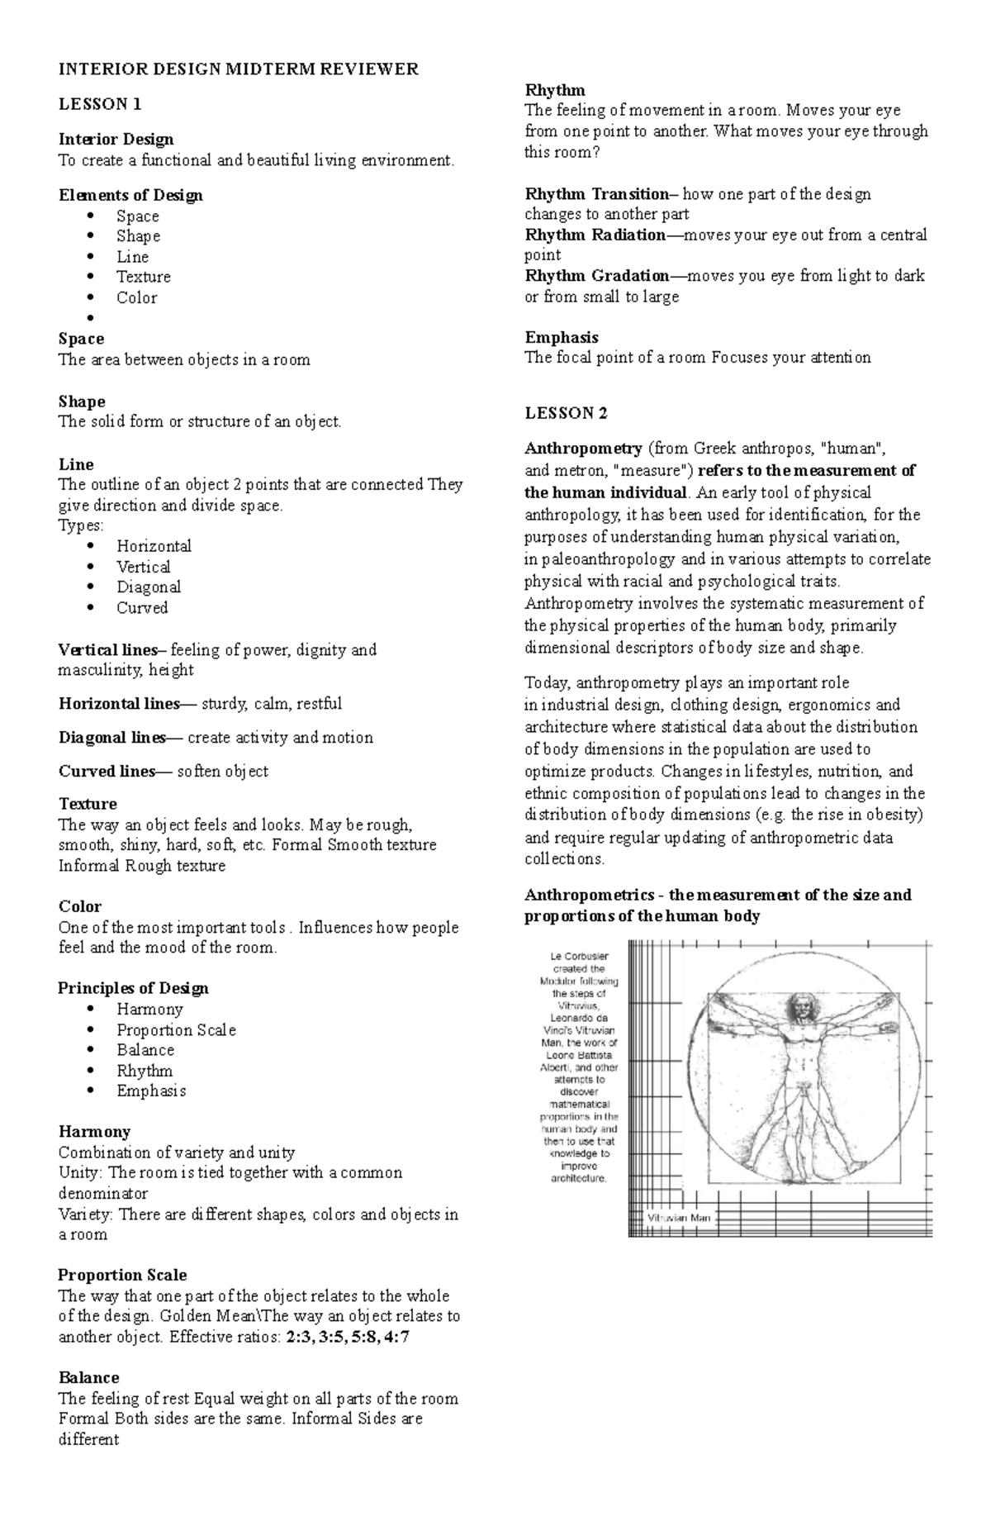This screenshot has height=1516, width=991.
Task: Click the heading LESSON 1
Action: tap(100, 104)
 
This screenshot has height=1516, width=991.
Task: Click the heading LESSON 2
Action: tap(567, 413)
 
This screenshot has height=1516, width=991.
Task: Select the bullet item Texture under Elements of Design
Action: tap(144, 277)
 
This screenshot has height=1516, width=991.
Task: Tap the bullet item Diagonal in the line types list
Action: tap(149, 587)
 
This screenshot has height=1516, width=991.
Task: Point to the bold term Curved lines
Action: tap(106, 772)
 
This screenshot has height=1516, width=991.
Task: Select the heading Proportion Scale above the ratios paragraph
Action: tap(122, 1276)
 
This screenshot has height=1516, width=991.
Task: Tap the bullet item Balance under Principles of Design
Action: tap(145, 1051)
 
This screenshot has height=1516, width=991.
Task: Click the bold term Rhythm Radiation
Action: tap(594, 235)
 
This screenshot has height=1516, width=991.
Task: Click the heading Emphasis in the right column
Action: tap(562, 338)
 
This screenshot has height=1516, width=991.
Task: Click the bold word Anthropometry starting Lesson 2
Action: tap(583, 449)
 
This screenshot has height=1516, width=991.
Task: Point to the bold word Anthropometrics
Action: tap(590, 896)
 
